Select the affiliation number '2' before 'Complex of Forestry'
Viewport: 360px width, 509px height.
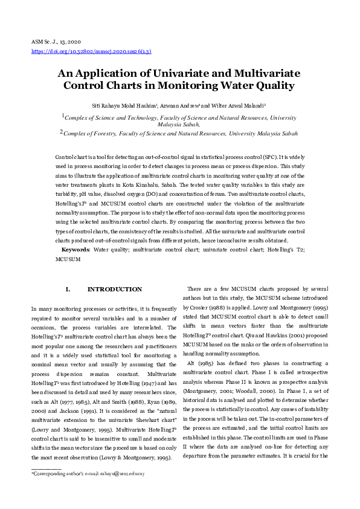tap(61, 131)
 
